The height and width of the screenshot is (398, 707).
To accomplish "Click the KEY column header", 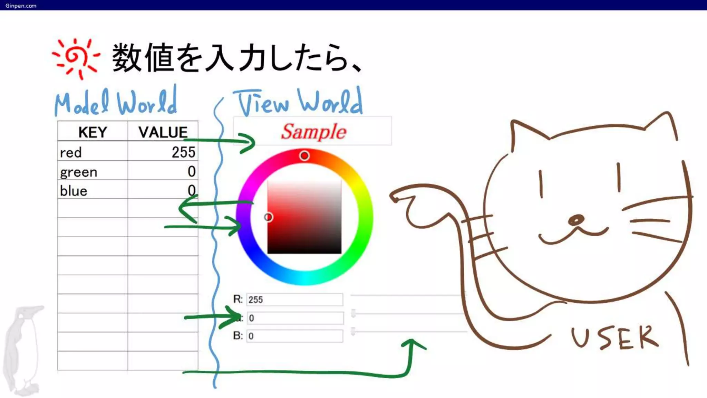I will [93, 132].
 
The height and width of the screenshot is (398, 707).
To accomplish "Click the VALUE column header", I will [163, 132].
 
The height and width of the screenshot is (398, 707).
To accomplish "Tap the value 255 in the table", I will [183, 152].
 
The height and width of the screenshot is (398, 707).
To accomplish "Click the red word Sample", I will [313, 132].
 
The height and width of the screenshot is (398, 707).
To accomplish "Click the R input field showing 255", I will [294, 300].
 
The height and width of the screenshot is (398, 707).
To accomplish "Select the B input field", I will [294, 336].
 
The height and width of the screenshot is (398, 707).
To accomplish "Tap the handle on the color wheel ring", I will [304, 156].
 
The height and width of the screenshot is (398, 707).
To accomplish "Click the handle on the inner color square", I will [268, 217].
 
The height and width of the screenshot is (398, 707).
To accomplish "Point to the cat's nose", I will [576, 220].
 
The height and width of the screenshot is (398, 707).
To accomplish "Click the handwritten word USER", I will [614, 338].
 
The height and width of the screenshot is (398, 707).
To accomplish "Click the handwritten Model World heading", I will [116, 102].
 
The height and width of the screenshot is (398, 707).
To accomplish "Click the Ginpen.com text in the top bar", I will [21, 6].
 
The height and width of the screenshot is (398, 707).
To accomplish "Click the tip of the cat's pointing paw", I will [394, 198].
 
